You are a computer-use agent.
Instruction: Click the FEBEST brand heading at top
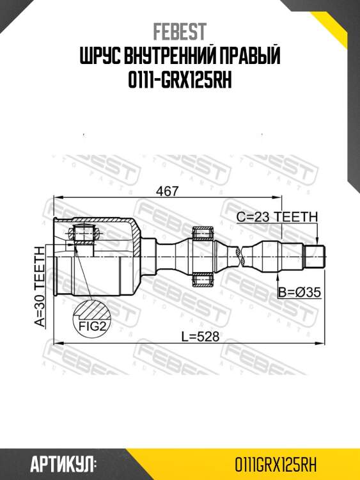click(x=180, y=31)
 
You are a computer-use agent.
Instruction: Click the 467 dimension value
click(x=166, y=190)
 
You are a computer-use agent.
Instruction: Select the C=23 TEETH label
click(x=276, y=216)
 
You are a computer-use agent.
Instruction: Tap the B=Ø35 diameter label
click(x=299, y=292)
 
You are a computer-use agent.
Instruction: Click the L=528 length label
click(x=186, y=335)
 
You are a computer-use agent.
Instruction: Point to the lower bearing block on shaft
click(x=203, y=279)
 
